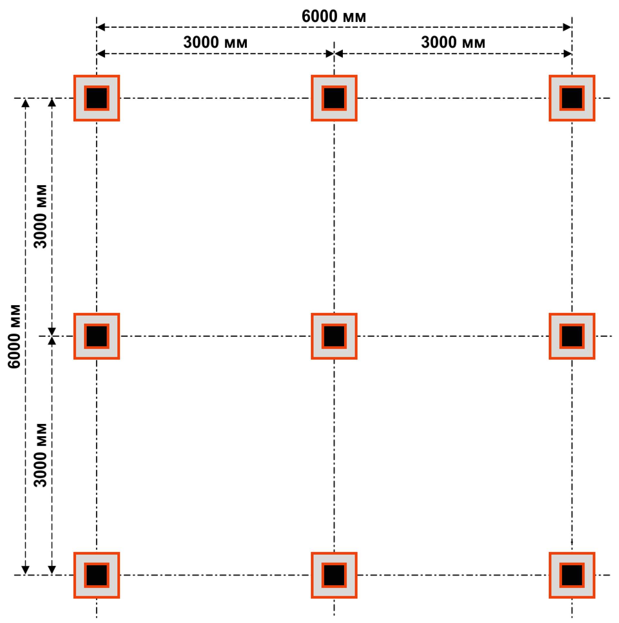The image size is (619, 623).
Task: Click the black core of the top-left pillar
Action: coord(97,98)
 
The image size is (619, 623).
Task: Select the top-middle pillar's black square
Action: coord(334,98)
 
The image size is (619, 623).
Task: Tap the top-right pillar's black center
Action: coord(572,98)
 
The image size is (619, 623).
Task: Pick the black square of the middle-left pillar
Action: coord(97,336)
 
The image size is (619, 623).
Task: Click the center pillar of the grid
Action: coord(334,336)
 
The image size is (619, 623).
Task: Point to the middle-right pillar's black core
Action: coord(572,336)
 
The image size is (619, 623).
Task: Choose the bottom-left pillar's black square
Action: coord(97,575)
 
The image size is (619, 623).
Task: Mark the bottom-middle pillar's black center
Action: coord(334,575)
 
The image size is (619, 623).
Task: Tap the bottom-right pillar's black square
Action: coord(572,575)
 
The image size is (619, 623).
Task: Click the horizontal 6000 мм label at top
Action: coord(334,16)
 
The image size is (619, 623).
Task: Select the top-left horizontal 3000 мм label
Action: coord(215,42)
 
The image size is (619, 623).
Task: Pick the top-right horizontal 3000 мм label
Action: coord(453,42)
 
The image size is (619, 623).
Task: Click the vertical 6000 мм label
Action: coord(14,336)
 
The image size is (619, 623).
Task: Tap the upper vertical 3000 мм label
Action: coord(41,216)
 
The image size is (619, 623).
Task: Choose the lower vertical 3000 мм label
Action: coord(41,455)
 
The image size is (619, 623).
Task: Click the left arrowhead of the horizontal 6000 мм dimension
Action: coord(101,27)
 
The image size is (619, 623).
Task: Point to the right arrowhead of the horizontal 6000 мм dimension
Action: coord(567,27)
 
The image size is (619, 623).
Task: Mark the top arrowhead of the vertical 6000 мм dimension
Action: coord(25,103)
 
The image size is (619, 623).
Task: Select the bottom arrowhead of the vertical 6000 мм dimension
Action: coord(25,570)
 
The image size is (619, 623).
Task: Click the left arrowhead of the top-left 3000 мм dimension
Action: coord(101,54)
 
